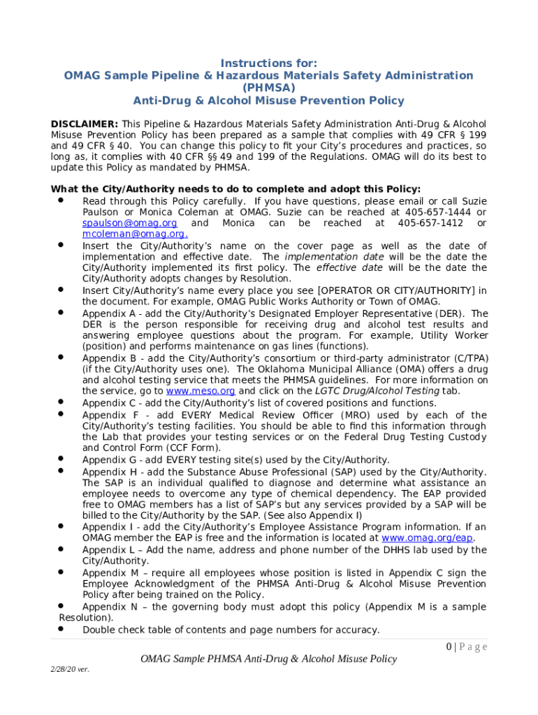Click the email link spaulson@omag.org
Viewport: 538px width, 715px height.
coord(129,223)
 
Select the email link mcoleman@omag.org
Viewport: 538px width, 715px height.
coord(134,235)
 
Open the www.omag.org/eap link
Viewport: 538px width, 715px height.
coord(428,538)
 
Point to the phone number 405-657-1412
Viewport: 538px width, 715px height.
coord(430,223)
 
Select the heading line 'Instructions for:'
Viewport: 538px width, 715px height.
coord(268,64)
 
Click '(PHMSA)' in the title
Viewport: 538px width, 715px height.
coord(268,88)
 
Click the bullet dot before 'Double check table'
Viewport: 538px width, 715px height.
coord(61,629)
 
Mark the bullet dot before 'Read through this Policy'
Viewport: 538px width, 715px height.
coord(61,200)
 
